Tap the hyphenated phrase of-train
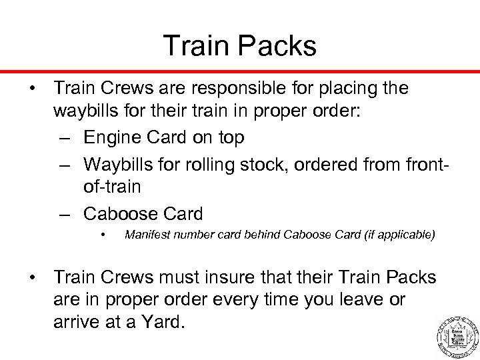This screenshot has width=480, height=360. pos(113,186)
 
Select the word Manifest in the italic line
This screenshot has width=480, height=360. pos(147,235)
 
